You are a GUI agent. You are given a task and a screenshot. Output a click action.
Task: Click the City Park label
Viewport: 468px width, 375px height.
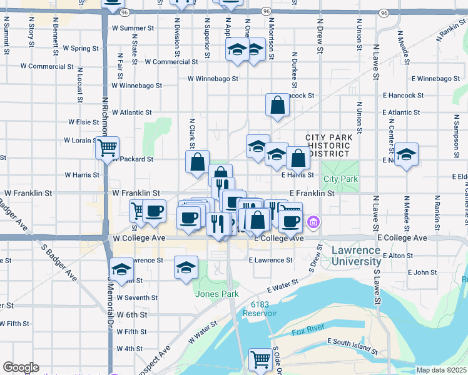(x=340, y=179)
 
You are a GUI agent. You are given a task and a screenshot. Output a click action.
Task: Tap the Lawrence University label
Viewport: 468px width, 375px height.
(x=355, y=256)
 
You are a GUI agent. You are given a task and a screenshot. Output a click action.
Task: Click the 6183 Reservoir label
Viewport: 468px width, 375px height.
(x=263, y=308)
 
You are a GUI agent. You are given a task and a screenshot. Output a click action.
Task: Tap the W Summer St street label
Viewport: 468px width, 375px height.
(x=133, y=28)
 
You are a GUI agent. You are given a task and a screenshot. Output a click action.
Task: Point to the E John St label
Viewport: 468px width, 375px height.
(x=422, y=272)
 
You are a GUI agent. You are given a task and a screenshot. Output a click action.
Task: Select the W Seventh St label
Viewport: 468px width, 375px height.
(x=137, y=298)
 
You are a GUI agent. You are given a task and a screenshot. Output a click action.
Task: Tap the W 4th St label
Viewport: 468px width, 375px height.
(x=130, y=349)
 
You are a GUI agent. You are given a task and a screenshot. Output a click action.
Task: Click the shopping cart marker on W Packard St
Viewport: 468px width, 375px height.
(x=107, y=149)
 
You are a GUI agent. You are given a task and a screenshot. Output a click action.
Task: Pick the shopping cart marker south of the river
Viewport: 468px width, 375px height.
(x=260, y=359)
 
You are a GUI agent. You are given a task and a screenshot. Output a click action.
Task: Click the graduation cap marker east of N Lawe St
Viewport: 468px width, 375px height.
(x=406, y=154)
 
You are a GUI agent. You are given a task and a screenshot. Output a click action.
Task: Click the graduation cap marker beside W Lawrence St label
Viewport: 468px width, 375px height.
(x=121, y=269)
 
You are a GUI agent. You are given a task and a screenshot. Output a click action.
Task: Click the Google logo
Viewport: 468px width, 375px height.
(x=21, y=367)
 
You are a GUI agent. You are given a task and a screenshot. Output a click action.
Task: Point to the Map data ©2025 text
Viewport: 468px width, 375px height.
(x=441, y=370)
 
